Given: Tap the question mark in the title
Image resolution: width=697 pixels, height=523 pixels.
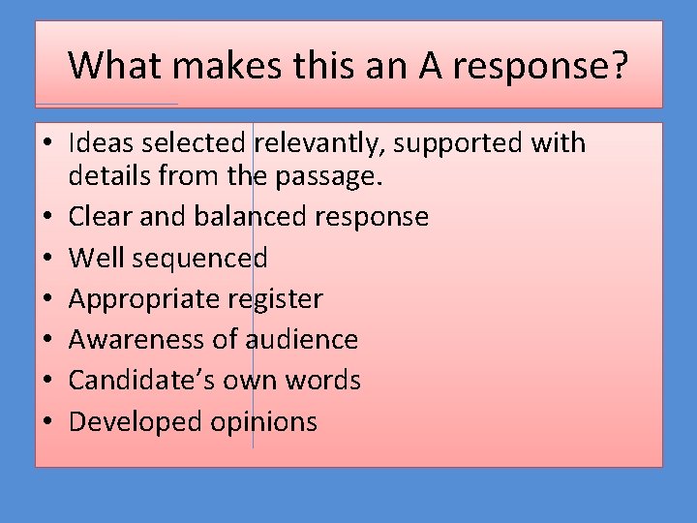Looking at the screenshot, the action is pos(619,66).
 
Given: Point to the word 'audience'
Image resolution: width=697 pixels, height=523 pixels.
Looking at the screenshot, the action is pos(302,339).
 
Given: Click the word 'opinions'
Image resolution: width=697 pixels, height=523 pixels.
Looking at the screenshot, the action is pos(260,422).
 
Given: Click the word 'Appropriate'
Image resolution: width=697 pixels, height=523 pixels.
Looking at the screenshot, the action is pos(144,299).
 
